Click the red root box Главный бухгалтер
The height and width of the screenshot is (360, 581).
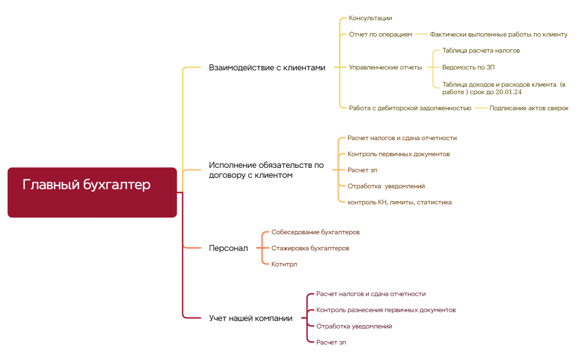coord(92,192)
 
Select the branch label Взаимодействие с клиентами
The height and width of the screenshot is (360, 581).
coord(267,68)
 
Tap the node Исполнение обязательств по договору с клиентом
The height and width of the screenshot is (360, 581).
coord(266,170)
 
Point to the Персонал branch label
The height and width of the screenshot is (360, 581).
coord(228,248)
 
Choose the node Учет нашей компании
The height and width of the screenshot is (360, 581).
coord(250,318)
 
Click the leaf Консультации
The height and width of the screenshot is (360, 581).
coord(370,18)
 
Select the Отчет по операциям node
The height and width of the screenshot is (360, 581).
coord(381,34)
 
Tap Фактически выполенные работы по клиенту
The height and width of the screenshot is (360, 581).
coord(498,34)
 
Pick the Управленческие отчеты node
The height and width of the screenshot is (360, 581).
coord(385,68)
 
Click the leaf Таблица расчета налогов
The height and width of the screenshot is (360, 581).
coord(481,50)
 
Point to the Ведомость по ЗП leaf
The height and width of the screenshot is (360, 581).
coord(468,67)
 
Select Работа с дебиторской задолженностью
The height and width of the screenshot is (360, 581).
coord(410,108)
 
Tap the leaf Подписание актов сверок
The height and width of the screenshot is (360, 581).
coord(529,108)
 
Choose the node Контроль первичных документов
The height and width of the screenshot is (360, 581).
coord(398,154)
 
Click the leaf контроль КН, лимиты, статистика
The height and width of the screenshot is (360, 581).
coord(399,202)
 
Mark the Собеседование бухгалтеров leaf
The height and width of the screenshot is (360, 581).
coord(315,232)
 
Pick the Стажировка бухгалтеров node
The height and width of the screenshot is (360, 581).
coord(310,248)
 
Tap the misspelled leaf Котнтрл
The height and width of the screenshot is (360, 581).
coord(284,264)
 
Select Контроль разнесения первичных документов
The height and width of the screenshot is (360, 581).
coord(385,310)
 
